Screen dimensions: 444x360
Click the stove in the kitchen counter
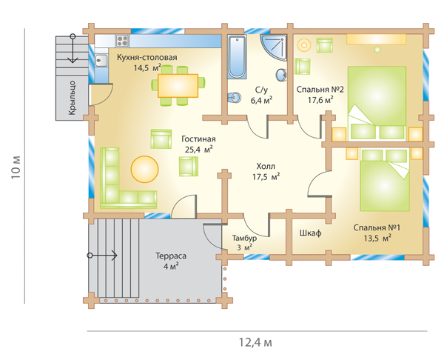click(x=123, y=41)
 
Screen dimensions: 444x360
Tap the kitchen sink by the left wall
click(x=101, y=61)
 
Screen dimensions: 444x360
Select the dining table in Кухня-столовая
click(x=178, y=86)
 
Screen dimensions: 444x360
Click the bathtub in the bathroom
click(x=237, y=57)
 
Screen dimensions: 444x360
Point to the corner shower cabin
click(x=274, y=47)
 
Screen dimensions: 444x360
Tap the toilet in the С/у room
click(x=234, y=98)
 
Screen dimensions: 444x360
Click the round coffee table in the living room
click(x=144, y=169)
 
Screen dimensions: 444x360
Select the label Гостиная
click(x=198, y=139)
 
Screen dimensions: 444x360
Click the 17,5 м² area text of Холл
click(x=266, y=177)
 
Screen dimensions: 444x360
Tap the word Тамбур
click(x=244, y=238)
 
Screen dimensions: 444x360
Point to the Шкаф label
click(x=310, y=233)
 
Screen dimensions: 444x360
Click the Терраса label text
click(x=171, y=256)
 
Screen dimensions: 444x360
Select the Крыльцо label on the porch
click(x=72, y=98)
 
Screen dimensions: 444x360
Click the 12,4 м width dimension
click(x=255, y=342)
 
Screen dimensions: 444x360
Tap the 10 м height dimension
click(x=16, y=167)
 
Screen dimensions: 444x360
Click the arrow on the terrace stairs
click(x=102, y=256)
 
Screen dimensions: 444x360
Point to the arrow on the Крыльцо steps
click(x=73, y=48)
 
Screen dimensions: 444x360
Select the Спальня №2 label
click(x=320, y=90)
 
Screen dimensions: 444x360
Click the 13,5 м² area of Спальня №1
click(x=377, y=239)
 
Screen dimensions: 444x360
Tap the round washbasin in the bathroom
click(x=281, y=75)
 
